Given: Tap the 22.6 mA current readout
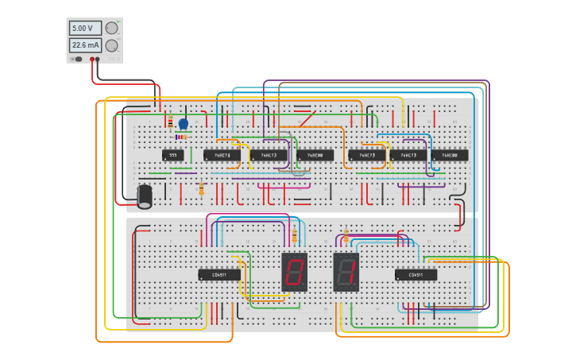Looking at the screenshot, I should point(85,45).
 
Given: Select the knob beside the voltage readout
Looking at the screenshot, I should point(111,28).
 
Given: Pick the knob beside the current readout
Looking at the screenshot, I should point(111,46).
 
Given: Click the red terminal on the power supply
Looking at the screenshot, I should point(92,59).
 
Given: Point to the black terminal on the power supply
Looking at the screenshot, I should point(98,59).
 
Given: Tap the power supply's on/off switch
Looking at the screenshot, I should point(77,59).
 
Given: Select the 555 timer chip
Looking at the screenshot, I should point(172,155).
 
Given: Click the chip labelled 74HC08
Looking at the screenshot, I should point(315,155).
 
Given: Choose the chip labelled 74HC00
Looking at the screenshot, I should point(454,155).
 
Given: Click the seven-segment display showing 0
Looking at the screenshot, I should point(294,272).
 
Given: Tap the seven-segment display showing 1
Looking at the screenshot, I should point(346,272).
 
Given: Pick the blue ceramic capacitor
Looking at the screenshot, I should point(184,124).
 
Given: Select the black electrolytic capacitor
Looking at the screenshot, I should point(145,196).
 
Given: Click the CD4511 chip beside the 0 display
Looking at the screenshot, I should point(219,275).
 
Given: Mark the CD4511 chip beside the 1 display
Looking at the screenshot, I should point(416,275).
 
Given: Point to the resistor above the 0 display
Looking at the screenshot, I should point(294,235).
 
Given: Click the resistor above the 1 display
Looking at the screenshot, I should point(346,235).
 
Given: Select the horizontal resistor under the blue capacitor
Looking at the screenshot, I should point(181,137).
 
